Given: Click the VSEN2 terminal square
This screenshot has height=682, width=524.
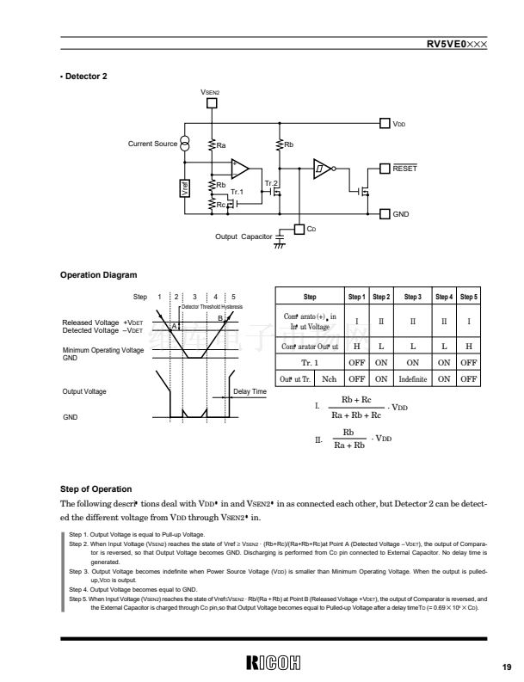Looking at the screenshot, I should [211, 105].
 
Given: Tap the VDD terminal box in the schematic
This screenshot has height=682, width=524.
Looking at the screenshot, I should [385, 124].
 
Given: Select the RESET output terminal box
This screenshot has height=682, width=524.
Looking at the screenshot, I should [385, 168].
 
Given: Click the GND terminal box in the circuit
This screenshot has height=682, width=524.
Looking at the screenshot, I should [385, 212].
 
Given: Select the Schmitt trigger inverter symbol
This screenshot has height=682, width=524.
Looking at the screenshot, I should [322, 168].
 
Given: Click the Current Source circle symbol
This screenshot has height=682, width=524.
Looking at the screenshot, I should [186, 144].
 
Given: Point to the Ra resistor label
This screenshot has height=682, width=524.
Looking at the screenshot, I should [221, 144].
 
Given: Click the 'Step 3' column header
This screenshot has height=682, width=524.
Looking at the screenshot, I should [412, 297].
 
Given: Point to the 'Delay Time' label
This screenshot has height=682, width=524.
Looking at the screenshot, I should [250, 391].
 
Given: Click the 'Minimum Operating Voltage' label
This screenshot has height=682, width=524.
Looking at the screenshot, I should [102, 350].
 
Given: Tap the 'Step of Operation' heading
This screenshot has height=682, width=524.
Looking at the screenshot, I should [96, 488].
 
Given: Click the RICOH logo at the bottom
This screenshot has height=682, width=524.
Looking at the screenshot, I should [274, 663].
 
